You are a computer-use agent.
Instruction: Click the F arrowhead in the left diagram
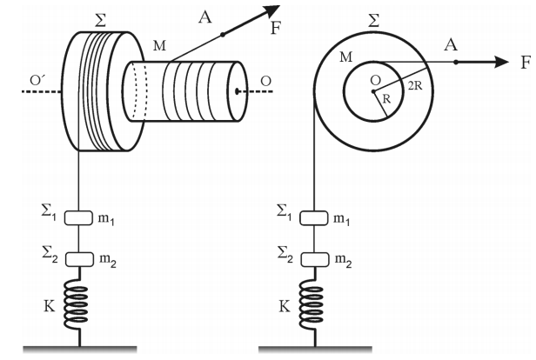point(271,11)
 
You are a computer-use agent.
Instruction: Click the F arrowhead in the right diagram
point(502,62)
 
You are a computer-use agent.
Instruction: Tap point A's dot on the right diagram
point(456,62)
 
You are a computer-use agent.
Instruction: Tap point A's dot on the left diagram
point(223,35)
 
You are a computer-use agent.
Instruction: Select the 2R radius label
point(415,86)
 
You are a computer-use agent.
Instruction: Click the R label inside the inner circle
point(386,99)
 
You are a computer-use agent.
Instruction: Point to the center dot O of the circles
point(373,91)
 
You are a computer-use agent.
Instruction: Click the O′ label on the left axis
point(37,80)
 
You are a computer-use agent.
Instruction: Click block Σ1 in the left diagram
point(78,218)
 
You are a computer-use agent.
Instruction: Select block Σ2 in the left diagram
point(79,260)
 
